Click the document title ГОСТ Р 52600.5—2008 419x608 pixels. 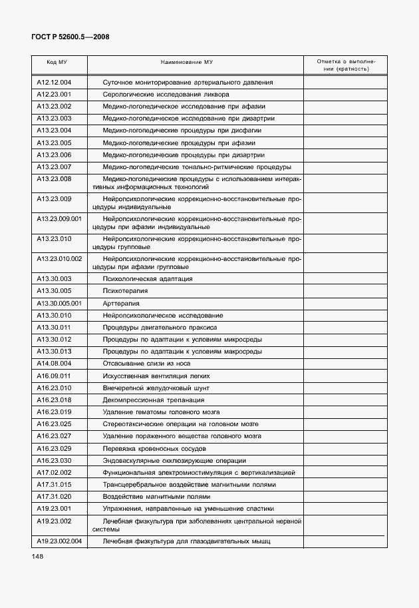click(x=70, y=37)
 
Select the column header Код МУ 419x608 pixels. click(x=57, y=62)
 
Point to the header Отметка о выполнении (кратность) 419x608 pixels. click(x=344, y=65)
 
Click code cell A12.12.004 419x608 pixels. click(x=54, y=83)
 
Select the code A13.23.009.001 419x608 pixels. click(x=59, y=218)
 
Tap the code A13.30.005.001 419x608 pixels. click(x=59, y=303)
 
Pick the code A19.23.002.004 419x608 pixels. click(x=59, y=541)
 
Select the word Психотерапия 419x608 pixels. click(x=126, y=291)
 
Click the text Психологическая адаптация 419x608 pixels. click(x=148, y=279)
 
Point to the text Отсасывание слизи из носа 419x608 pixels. click(x=147, y=364)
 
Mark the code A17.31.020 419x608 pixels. click(x=54, y=497)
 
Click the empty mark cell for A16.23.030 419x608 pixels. click(x=344, y=460)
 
